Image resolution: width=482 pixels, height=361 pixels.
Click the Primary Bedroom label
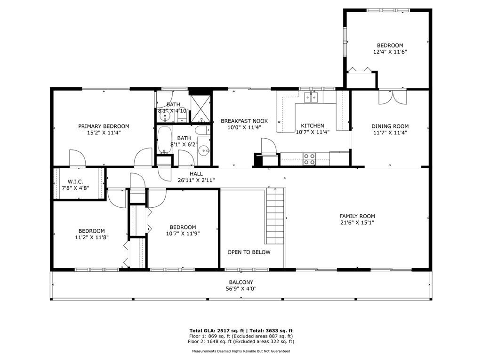click(104, 126)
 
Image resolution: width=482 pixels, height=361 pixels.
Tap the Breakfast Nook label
click(244, 121)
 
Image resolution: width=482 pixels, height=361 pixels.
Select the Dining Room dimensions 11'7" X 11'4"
click(390, 133)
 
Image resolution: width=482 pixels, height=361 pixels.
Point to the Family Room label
click(357, 216)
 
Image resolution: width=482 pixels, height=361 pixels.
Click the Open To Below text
click(249, 252)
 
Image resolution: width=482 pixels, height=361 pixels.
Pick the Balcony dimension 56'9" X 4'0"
click(241, 289)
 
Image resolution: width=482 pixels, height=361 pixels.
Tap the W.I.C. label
click(75, 181)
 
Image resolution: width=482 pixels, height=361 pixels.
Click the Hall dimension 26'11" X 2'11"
click(196, 180)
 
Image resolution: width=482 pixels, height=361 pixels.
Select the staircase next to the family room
click(275, 216)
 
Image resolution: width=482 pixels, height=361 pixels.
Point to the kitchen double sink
click(311, 97)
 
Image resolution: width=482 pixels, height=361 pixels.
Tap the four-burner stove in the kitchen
click(309, 159)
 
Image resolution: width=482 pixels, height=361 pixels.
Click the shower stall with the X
click(201, 109)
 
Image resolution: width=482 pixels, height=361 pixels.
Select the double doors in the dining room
click(393, 97)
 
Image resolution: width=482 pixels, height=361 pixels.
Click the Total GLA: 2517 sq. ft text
click(217, 330)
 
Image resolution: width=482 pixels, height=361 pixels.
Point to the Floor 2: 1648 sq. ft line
click(241, 341)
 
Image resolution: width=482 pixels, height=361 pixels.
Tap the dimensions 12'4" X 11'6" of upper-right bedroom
click(390, 52)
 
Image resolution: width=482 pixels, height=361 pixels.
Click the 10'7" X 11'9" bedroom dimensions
click(183, 234)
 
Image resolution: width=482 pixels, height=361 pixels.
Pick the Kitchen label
click(313, 126)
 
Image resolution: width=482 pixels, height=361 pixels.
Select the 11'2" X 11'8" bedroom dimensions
click(92, 237)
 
